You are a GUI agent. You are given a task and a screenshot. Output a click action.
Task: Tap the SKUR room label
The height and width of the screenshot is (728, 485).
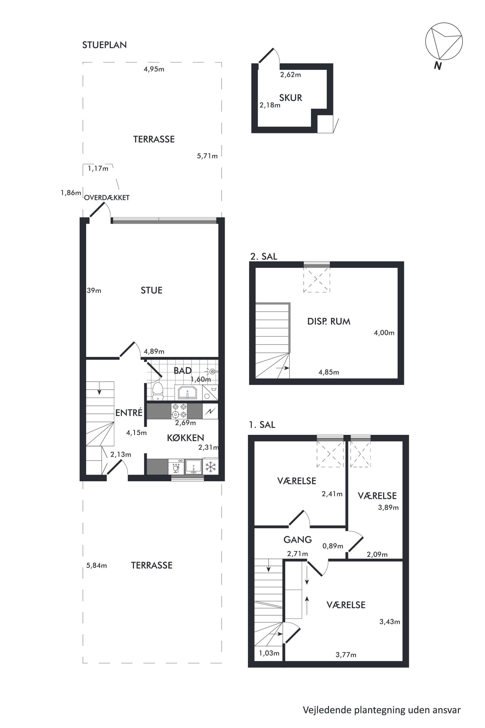coord(290,98)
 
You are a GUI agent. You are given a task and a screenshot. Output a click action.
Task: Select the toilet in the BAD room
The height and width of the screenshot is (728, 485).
coord(158,392)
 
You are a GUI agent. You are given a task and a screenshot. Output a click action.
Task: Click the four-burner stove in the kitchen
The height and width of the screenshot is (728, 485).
coord(179,411)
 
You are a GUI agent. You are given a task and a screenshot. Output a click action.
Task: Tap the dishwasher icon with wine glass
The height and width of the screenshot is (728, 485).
coord(176,467)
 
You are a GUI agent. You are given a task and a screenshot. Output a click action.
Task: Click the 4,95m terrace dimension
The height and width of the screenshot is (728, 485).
coord(154,69)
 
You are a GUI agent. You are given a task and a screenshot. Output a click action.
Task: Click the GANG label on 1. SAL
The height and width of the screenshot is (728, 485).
coord(297,540)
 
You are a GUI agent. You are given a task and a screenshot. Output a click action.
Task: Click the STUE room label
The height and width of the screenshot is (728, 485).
coord(151,290)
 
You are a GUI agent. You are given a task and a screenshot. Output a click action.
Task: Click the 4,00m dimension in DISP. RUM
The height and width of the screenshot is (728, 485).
coord(384,333)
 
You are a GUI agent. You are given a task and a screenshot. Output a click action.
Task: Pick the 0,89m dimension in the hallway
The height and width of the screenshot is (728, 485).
coord(333,546)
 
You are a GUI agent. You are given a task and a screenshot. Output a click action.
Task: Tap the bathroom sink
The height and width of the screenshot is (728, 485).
coord(187,392)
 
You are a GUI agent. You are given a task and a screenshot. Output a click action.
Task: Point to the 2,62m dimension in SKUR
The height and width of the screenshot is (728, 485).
coord(290,75)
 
